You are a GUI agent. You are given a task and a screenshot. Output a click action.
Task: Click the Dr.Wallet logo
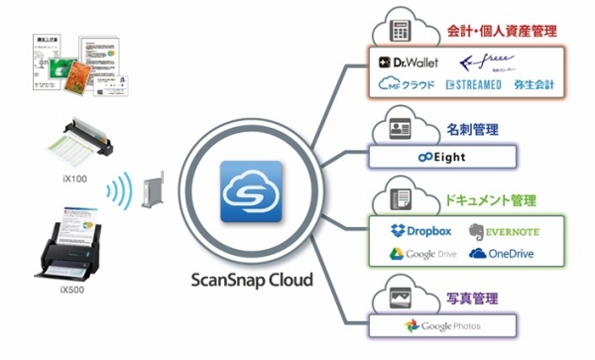tap(407, 62)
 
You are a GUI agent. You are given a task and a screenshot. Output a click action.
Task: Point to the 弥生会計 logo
tap(536, 85)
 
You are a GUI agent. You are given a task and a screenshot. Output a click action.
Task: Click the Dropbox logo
tap(416, 231)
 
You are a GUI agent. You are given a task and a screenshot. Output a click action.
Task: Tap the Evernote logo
tap(501, 232)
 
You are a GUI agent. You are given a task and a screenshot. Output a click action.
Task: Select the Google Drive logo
tap(416, 254)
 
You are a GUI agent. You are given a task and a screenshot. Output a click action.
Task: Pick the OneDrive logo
tap(499, 254)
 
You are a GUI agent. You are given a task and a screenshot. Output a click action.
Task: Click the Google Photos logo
tap(443, 326)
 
